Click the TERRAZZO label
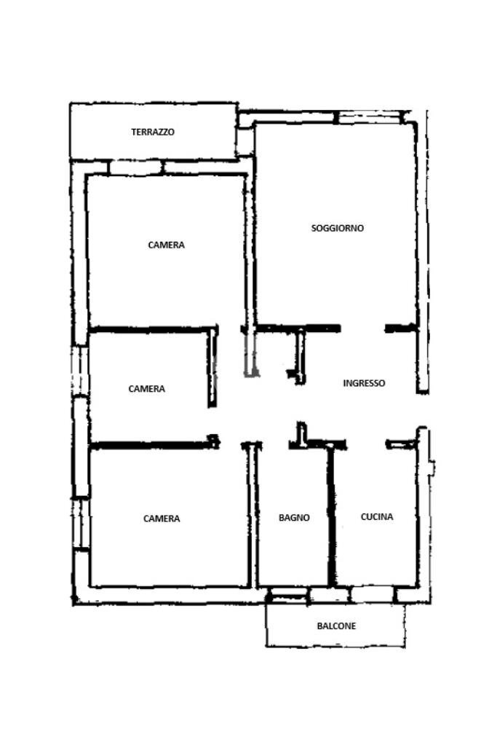point(153,133)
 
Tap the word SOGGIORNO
point(338,228)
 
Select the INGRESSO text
point(364,383)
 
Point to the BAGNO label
point(294,518)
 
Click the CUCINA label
point(377,517)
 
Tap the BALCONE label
point(336,626)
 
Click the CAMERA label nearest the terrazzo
point(166,245)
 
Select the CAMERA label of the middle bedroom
point(146,389)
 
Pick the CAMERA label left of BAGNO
point(162,519)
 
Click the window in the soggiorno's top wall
point(369,116)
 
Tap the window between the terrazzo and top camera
point(135,168)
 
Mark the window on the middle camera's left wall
point(80,371)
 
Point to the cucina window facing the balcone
point(372,595)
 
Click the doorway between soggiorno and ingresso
point(362,328)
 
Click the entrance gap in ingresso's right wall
point(421,410)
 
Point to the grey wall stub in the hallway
point(250,357)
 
